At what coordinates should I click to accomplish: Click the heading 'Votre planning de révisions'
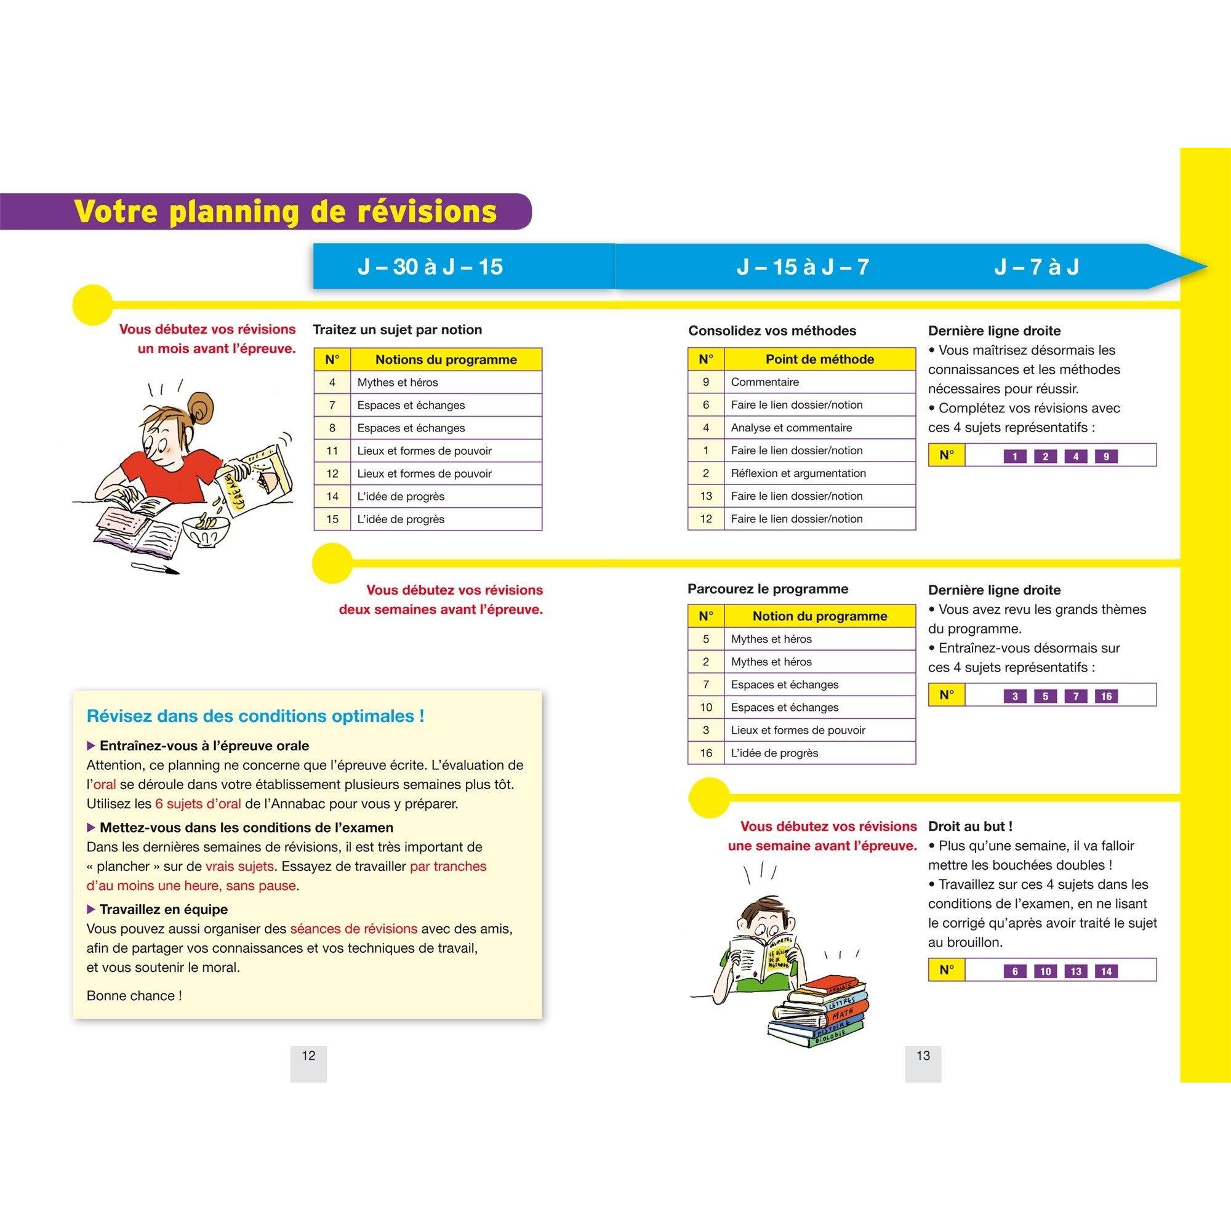pos(285,212)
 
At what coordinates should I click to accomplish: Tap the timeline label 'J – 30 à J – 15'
pos(430,267)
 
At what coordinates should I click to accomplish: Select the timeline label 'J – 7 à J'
pos(1036,267)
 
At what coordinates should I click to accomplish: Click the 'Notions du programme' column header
pos(446,359)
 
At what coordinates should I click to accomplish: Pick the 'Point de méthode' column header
pos(819,359)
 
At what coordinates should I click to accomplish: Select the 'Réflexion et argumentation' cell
pos(798,473)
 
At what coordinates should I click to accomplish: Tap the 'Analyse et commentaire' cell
pos(791,428)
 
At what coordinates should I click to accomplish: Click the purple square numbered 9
pos(1106,456)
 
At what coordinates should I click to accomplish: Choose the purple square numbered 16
pos(1106,696)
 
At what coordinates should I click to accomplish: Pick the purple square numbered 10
pos(1045,972)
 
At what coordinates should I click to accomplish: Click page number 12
pos(308,1056)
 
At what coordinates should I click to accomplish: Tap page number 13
pos(923,1056)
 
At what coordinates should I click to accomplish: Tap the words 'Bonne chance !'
pos(134,996)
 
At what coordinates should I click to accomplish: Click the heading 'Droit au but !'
pos(970,827)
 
